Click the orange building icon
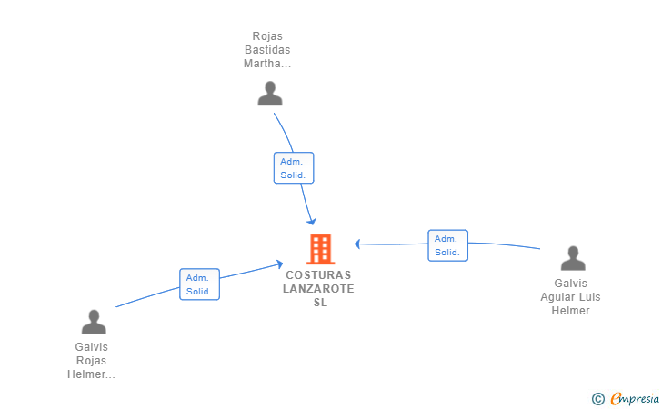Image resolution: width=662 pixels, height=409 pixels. (x=320, y=249)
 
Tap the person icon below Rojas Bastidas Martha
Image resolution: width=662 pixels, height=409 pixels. (x=270, y=94)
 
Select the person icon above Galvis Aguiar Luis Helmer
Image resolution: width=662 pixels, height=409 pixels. (x=573, y=258)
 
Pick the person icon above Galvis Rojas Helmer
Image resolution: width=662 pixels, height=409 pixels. (x=94, y=322)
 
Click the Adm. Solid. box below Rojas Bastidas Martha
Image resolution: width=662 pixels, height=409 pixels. (x=294, y=168)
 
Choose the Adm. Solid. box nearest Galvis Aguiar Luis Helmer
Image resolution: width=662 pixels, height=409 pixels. (x=447, y=245)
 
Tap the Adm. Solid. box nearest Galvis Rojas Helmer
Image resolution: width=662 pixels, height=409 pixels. (x=199, y=284)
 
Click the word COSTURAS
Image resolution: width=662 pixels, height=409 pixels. (x=318, y=275)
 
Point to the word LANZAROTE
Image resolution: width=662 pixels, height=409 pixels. (x=318, y=289)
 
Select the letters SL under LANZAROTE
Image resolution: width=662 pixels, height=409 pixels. (x=320, y=303)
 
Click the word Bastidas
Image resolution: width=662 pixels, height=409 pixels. (x=267, y=50)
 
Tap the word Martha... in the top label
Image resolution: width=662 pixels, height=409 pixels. (x=267, y=64)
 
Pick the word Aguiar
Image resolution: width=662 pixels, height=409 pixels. (x=557, y=297)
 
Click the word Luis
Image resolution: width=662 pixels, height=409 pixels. (x=590, y=296)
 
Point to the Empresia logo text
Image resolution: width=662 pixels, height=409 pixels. (x=635, y=398)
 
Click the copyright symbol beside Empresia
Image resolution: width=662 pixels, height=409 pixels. (x=597, y=399)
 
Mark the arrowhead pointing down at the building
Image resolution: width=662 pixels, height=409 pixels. (x=312, y=221)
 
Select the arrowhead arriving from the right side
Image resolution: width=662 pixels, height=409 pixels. (x=357, y=244)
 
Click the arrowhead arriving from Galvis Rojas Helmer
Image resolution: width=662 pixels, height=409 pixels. (x=279, y=264)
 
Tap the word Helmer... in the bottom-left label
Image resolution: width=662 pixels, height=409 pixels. (x=91, y=374)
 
